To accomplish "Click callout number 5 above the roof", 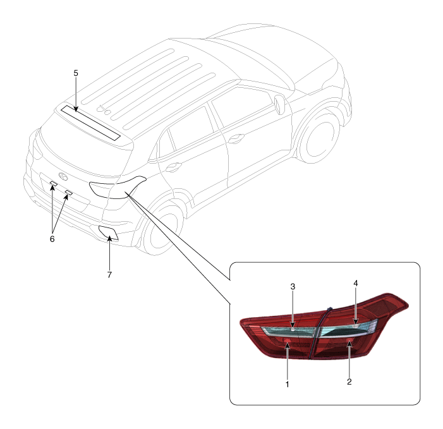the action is click(x=76, y=73).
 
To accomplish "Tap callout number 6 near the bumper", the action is click(x=52, y=239).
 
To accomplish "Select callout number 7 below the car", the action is click(x=109, y=274).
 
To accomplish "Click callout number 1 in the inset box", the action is click(x=288, y=384).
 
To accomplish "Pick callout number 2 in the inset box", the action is click(x=349, y=382).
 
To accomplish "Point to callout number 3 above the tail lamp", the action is click(x=293, y=287).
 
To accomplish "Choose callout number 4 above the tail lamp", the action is click(x=356, y=283).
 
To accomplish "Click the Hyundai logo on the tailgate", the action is click(x=63, y=176).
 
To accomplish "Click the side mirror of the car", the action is click(x=279, y=105).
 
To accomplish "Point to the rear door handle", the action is click(x=173, y=167).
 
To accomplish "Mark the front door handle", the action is click(x=236, y=138).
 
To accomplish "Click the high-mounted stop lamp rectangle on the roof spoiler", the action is click(x=91, y=123).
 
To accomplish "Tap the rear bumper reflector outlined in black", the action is click(x=109, y=233).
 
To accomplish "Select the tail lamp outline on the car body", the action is click(x=117, y=186).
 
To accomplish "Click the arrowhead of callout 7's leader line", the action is click(x=109, y=239).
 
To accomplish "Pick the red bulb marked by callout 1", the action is click(x=288, y=340).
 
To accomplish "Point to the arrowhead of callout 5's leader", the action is click(x=76, y=109).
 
